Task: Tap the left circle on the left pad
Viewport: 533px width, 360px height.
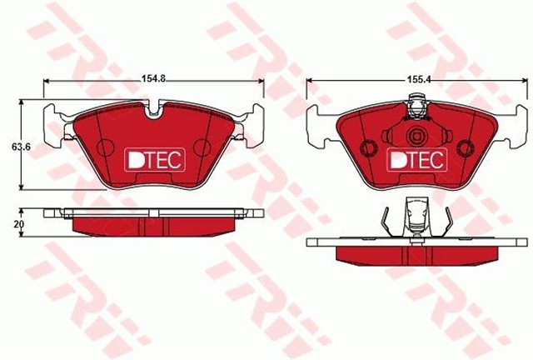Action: click(x=105, y=147)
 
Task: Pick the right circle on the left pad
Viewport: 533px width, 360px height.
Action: click(x=201, y=147)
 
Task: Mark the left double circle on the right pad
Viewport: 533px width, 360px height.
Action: click(x=367, y=147)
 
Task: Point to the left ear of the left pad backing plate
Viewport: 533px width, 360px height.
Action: click(x=52, y=113)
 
